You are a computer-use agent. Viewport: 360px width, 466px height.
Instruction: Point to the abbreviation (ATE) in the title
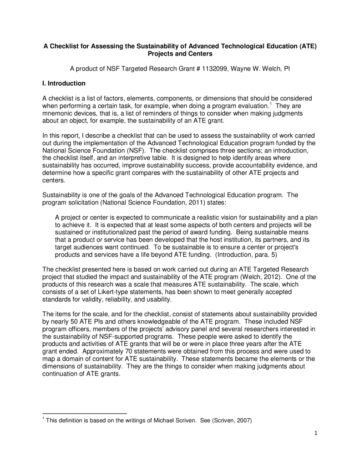pos(307,46)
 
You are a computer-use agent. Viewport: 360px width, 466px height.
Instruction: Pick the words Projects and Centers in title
pos(180,54)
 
